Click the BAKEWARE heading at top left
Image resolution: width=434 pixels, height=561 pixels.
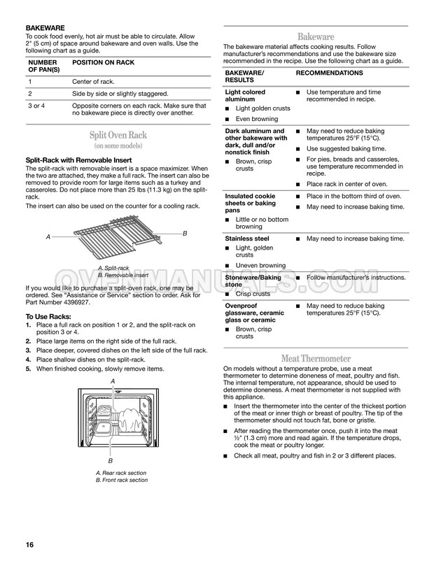pos(46,29)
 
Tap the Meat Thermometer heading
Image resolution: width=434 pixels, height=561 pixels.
pos(316,359)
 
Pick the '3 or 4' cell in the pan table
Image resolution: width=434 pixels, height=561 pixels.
pos(37,106)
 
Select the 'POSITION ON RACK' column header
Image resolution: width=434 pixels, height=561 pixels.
pos(104,63)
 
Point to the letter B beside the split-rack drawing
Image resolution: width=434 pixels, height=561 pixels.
pos(185,232)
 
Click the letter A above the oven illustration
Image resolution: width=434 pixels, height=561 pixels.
pos(113,380)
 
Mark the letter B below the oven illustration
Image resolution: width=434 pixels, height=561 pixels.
pos(110,462)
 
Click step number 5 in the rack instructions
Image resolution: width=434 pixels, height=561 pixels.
pos(27,368)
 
